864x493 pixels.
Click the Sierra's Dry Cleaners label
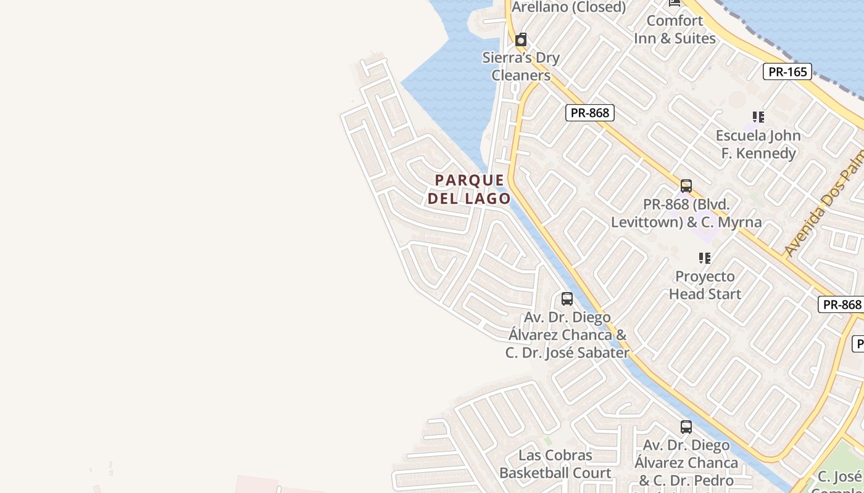(521, 67)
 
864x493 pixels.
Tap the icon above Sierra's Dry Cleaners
(521, 40)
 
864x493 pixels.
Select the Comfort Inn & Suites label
(675, 29)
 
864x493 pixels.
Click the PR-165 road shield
(788, 71)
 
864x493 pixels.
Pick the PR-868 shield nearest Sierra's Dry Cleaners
(589, 113)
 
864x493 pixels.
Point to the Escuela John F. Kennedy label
(758, 144)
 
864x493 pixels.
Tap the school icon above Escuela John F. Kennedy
(758, 117)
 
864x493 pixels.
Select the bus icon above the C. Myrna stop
(686, 186)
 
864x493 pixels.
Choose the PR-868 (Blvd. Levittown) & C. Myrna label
(686, 213)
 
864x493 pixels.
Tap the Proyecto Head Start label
(705, 285)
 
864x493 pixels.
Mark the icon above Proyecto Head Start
(704, 258)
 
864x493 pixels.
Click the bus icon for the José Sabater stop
(567, 299)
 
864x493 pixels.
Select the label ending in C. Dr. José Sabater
(567, 335)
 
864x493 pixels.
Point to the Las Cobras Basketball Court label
(555, 464)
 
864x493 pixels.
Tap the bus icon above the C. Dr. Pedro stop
(686, 426)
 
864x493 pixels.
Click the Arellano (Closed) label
(568, 7)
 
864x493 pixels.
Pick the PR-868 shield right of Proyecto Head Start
(842, 304)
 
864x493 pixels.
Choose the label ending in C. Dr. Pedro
(686, 462)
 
